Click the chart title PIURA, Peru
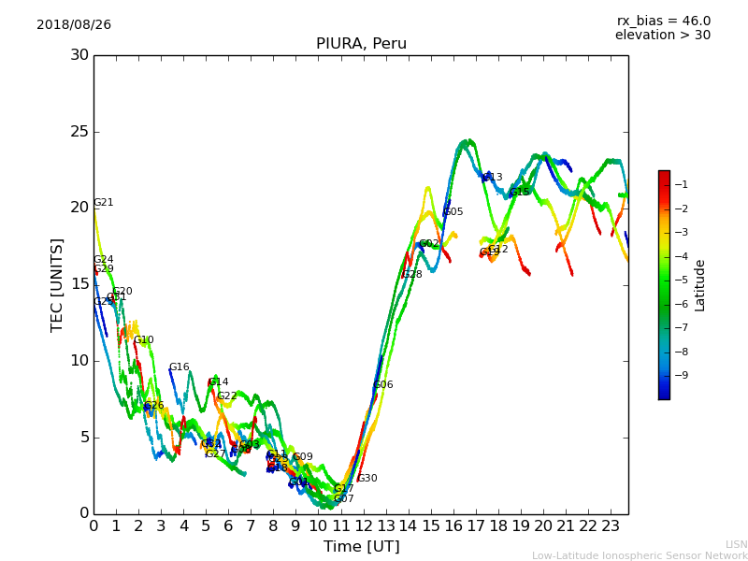coord(361,44)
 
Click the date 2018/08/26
coord(74,24)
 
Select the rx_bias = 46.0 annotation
coord(664,21)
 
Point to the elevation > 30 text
coord(663,36)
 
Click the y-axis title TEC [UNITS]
coord(57,284)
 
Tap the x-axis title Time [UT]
coord(361,546)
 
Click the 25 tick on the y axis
coord(79,132)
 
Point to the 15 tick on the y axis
coord(79,284)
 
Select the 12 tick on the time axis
coord(364,525)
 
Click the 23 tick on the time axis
coord(611,525)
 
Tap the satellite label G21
coord(103,203)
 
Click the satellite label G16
coord(179,367)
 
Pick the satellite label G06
coord(383,385)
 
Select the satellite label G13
coord(492,178)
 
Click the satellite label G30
coord(367,479)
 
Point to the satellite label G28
coord(411,275)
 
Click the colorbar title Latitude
coord(699,284)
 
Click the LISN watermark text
coord(736,544)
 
